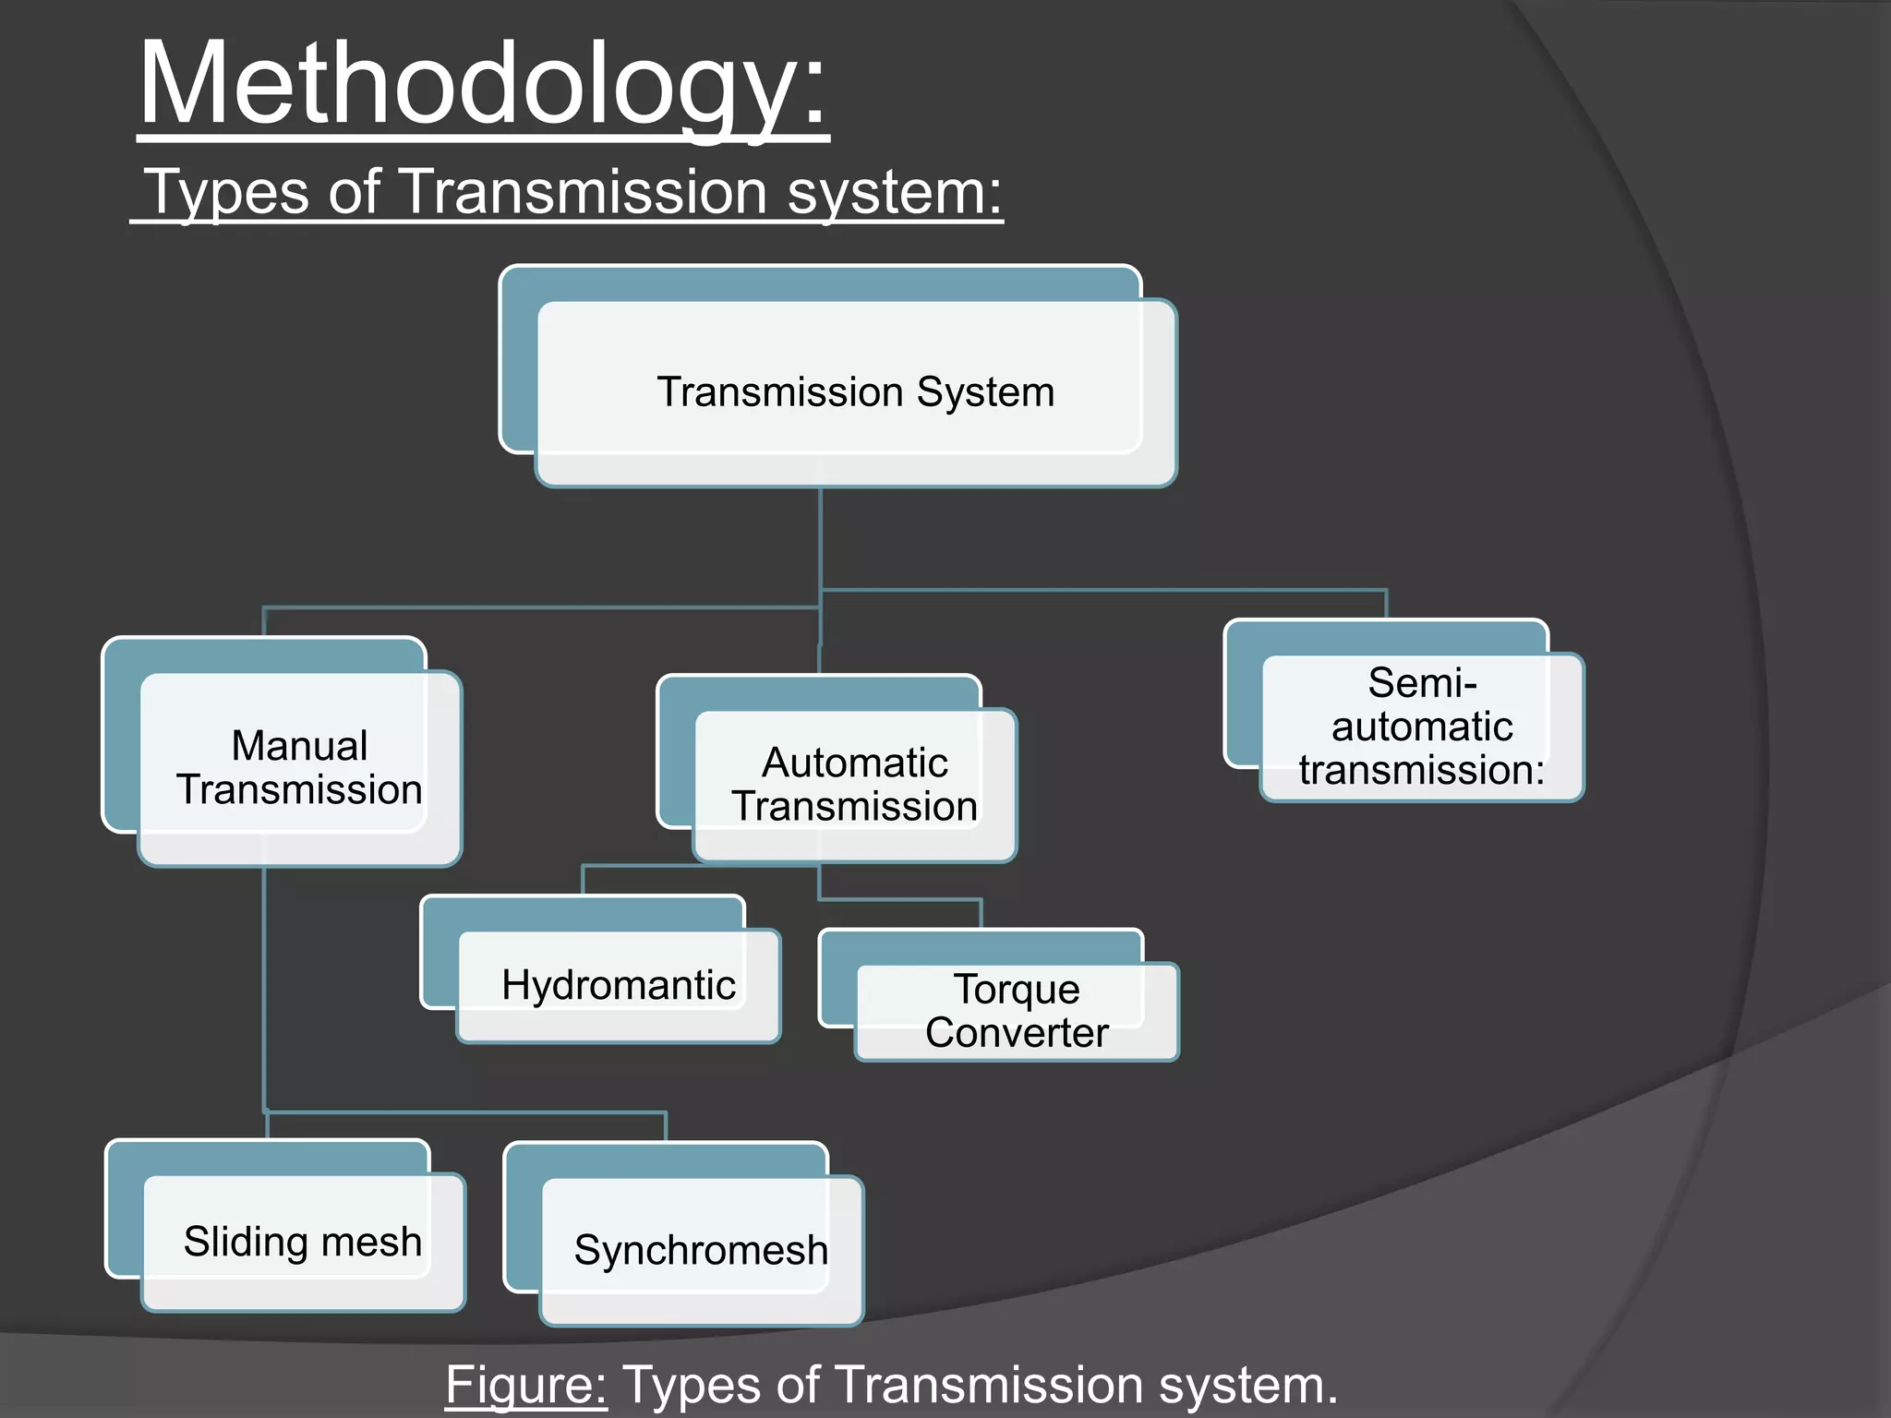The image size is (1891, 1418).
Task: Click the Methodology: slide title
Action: tap(483, 85)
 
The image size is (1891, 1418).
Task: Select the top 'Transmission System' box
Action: tap(855, 392)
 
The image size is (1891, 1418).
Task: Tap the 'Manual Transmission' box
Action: tap(299, 768)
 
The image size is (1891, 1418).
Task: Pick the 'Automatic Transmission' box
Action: tap(854, 785)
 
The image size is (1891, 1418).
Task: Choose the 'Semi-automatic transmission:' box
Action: tap(1422, 727)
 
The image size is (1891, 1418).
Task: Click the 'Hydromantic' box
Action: tap(618, 985)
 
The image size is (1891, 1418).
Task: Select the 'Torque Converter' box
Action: tap(1017, 1011)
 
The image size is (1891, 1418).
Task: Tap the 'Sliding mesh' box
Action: tap(302, 1242)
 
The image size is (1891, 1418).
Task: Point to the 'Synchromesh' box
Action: tap(701, 1250)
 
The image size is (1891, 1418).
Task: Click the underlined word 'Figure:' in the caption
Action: tap(525, 1385)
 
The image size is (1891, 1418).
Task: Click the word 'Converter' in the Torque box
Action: tap(1017, 1033)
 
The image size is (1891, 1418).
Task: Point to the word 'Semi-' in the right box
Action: tap(1422, 683)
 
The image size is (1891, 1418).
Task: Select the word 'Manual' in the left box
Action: tap(299, 746)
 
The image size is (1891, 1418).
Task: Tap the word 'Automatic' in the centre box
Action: tap(854, 763)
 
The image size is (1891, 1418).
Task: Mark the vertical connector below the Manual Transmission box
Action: tap(264, 988)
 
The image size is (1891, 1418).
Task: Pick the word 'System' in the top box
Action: tap(984, 392)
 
